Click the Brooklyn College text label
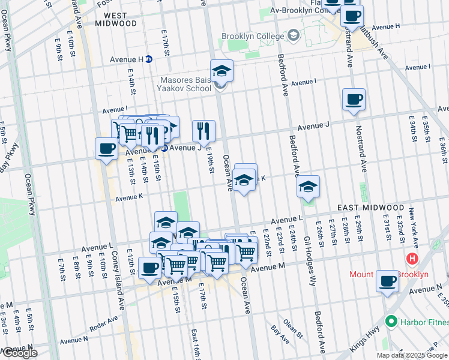tap(252, 36)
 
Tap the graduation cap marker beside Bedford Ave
tap(309, 187)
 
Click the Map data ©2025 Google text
tap(411, 355)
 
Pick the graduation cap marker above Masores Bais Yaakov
tap(221, 71)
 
